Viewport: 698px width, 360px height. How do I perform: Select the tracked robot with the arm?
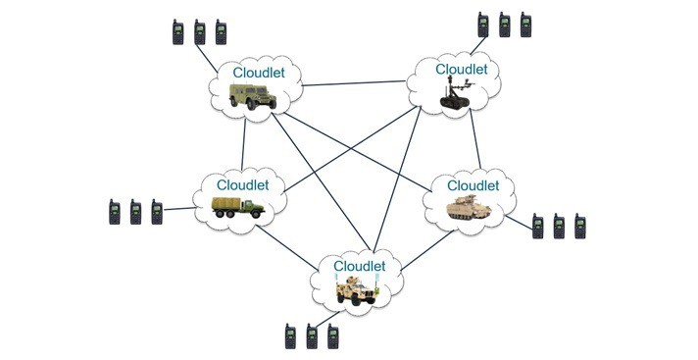pyautogui.click(x=457, y=95)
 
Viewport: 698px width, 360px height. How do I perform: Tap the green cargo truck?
pyautogui.click(x=237, y=207)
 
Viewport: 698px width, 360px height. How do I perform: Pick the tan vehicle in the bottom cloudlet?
pyautogui.click(x=356, y=287)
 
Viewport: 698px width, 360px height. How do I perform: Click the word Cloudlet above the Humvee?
pyautogui.click(x=260, y=73)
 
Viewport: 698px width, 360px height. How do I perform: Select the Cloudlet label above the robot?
pyautogui.click(x=461, y=69)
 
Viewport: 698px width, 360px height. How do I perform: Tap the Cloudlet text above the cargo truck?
pyautogui.click(x=243, y=184)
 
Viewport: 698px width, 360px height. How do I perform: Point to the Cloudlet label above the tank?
pyautogui.click(x=474, y=184)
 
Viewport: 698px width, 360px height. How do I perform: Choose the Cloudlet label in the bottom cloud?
pyautogui.click(x=360, y=266)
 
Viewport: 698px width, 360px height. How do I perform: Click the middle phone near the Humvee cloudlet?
pyautogui.click(x=199, y=32)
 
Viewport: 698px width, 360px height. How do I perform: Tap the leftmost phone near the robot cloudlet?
pyautogui.click(x=482, y=25)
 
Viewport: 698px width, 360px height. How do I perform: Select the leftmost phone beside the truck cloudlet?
pyautogui.click(x=115, y=213)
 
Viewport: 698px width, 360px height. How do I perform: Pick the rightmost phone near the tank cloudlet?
pyautogui.click(x=579, y=227)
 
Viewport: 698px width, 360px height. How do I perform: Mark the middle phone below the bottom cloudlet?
pyautogui.click(x=312, y=336)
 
